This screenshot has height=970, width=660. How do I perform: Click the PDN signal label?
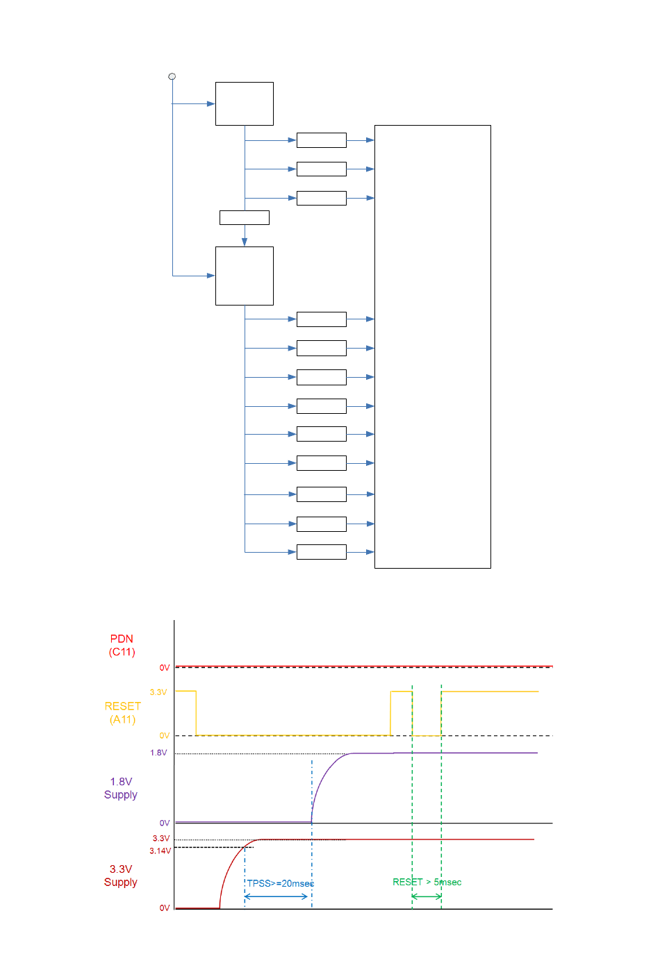click(122, 639)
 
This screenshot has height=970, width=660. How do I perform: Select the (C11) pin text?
click(122, 652)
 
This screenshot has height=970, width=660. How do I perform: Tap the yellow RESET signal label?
click(122, 706)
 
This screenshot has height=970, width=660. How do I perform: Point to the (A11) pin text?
click(122, 719)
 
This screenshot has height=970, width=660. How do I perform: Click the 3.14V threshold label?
click(160, 851)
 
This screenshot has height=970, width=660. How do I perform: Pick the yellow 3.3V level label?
click(158, 692)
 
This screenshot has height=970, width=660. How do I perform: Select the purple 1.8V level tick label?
click(158, 753)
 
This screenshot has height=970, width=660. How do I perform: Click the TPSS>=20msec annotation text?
click(281, 883)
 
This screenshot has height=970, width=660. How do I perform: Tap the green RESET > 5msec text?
click(427, 882)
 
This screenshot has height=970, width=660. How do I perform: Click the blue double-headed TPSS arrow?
click(277, 896)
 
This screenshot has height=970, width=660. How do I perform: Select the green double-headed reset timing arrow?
click(427, 896)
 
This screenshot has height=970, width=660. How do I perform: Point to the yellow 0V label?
click(165, 735)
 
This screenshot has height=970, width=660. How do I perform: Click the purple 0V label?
click(165, 823)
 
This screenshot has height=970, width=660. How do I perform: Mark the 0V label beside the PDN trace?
click(165, 667)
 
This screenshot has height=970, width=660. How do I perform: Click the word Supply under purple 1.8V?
click(121, 795)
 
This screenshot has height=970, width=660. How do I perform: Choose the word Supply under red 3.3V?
click(121, 883)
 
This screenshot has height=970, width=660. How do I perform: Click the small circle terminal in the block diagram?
click(172, 76)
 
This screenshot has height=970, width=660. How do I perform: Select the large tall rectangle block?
click(432, 346)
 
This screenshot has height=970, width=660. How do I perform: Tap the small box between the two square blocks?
click(245, 217)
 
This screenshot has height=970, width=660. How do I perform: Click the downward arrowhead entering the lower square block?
click(245, 242)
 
